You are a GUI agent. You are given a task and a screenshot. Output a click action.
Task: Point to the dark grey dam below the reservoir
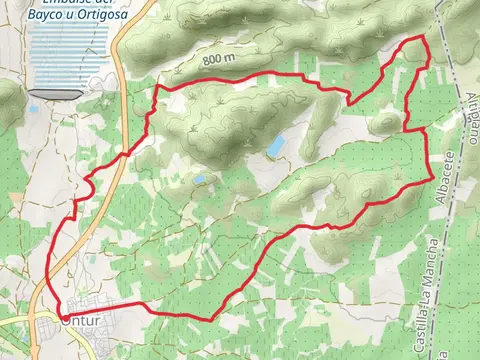tap(54, 93)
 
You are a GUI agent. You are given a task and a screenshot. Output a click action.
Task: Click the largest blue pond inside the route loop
tap(274, 147)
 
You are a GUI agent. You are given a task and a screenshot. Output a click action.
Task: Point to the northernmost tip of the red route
tap(425, 37)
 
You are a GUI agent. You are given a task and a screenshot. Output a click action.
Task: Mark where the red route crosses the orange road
tap(122, 156)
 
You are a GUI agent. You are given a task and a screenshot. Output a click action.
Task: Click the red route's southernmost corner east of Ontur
tap(211, 319)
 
